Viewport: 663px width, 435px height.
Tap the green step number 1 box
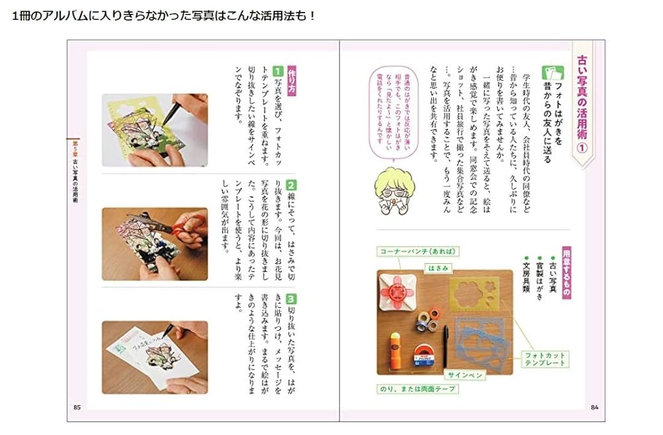pos(279,70)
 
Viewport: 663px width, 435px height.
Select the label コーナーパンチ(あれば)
pos(413,252)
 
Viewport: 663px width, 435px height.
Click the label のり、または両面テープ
pos(418,389)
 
